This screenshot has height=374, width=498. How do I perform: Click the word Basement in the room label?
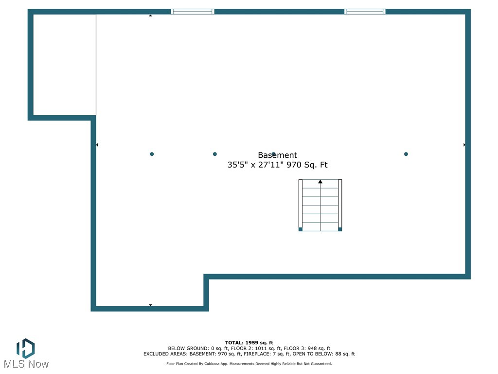(277, 155)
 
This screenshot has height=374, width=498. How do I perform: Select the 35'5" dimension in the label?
(237, 165)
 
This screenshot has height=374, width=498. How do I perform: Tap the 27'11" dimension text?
(270, 165)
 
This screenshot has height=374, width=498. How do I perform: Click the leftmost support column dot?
(152, 154)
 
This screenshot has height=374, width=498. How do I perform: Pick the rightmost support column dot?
(406, 154)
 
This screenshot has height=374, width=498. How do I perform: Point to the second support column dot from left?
(214, 154)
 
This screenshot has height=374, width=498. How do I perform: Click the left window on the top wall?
(193, 12)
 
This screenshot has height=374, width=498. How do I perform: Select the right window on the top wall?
(365, 12)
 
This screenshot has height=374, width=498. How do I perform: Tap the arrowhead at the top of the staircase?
(320, 182)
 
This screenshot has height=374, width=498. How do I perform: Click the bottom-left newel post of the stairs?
(301, 229)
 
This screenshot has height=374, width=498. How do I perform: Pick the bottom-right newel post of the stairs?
(340, 229)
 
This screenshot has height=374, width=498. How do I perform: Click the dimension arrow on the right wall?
(464, 145)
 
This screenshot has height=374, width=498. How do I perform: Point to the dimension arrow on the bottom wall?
(151, 305)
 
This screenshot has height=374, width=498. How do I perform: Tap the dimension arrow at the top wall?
(151, 15)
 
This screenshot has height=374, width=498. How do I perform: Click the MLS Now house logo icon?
(25, 348)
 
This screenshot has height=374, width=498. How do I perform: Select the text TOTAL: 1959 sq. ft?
(249, 343)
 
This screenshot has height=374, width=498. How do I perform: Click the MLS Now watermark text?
(26, 364)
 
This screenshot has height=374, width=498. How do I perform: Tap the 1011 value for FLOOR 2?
(261, 348)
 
